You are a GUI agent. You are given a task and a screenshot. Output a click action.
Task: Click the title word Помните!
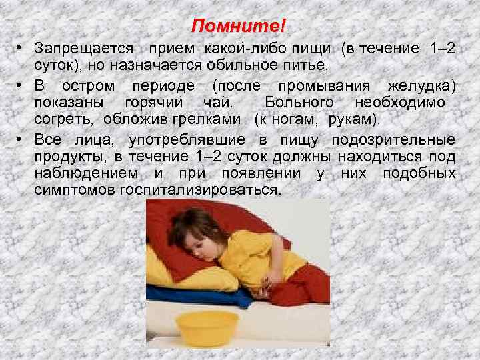[x=238, y=27]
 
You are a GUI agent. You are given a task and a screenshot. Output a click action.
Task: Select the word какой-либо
[x=238, y=49]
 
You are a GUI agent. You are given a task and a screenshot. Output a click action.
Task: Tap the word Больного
[x=299, y=103]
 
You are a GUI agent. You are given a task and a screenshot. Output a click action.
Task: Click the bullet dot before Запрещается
[x=22, y=49]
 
